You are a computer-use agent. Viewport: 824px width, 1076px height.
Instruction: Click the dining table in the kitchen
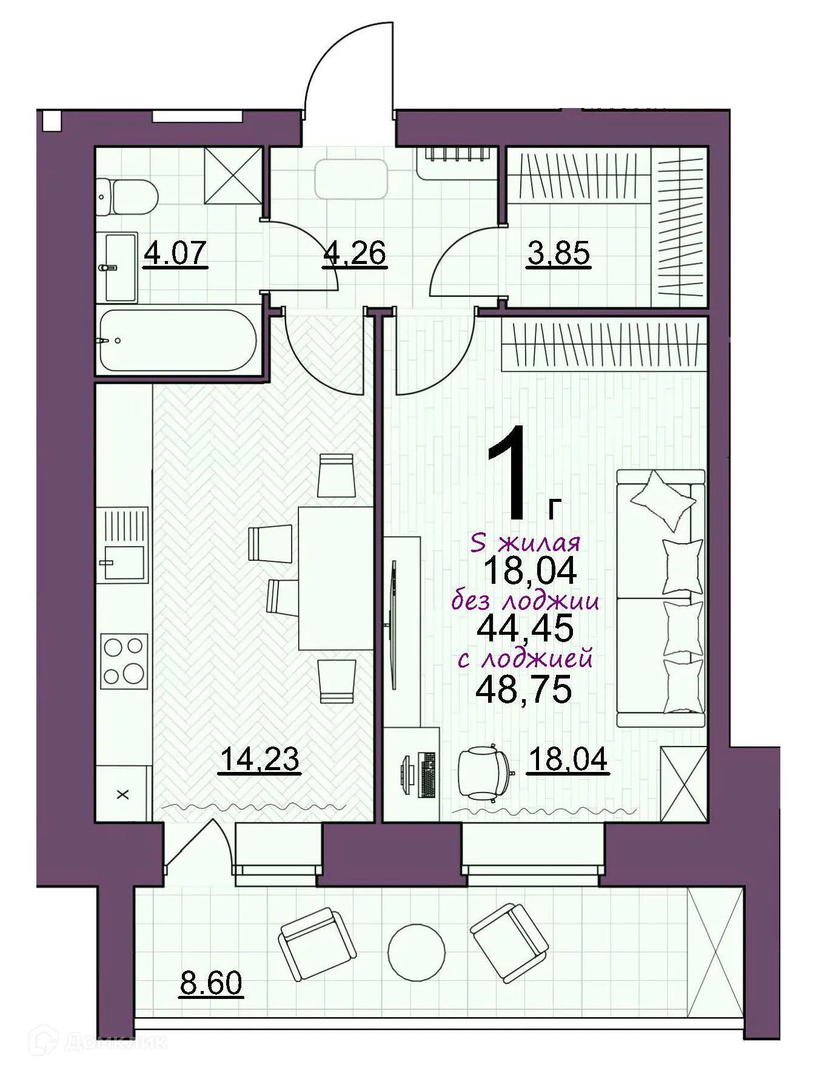pos(335,578)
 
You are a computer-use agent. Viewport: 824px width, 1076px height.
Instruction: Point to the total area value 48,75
pos(524,689)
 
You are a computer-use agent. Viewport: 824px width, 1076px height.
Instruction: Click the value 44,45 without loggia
pos(524,628)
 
